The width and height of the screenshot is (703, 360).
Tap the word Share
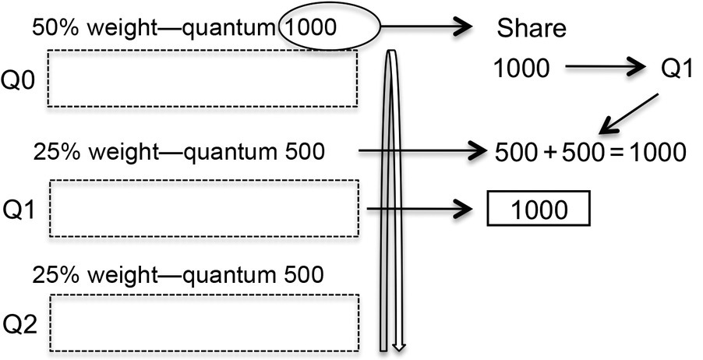(531, 30)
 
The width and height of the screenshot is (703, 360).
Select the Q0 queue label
(20, 81)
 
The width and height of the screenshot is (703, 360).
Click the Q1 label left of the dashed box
(20, 209)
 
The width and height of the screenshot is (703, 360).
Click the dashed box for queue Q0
(203, 79)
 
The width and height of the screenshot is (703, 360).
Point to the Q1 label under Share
(677, 69)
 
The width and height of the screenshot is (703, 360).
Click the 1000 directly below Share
(521, 69)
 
